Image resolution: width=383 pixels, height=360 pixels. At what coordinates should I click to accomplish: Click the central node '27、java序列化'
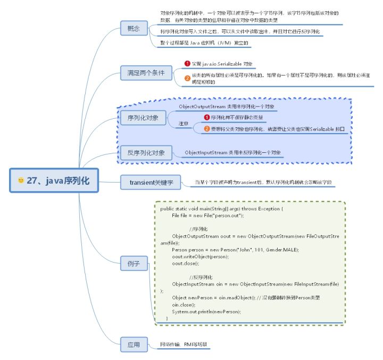click(x=54, y=181)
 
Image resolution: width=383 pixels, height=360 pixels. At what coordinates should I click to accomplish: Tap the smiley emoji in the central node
click(x=21, y=181)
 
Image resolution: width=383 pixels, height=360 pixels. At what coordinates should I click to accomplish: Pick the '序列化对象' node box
click(x=139, y=118)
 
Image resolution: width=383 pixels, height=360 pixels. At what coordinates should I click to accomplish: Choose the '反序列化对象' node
click(x=143, y=153)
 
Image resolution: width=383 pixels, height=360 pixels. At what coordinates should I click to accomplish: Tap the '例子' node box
click(x=134, y=264)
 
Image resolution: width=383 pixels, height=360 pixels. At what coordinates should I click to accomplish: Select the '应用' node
click(x=134, y=345)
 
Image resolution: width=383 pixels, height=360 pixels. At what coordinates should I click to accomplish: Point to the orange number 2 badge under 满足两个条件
click(x=187, y=78)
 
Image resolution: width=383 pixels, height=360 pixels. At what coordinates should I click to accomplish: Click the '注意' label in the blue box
click(x=182, y=124)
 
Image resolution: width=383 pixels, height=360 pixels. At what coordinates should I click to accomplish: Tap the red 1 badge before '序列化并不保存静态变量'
click(x=207, y=117)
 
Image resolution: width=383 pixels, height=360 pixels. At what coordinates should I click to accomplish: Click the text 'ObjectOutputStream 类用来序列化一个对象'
click(x=226, y=107)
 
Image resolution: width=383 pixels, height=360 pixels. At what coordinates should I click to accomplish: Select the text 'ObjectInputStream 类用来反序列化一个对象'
click(x=232, y=153)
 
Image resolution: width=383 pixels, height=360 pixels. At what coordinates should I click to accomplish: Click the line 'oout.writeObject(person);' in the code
click(x=201, y=257)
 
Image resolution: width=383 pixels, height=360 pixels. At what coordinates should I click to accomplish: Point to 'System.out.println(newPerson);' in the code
click(x=206, y=311)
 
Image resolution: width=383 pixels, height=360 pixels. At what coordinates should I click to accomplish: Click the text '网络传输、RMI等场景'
click(x=184, y=345)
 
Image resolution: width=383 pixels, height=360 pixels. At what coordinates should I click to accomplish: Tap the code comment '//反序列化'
click(x=201, y=277)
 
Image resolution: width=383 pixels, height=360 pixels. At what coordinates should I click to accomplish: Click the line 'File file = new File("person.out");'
click(x=207, y=215)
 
